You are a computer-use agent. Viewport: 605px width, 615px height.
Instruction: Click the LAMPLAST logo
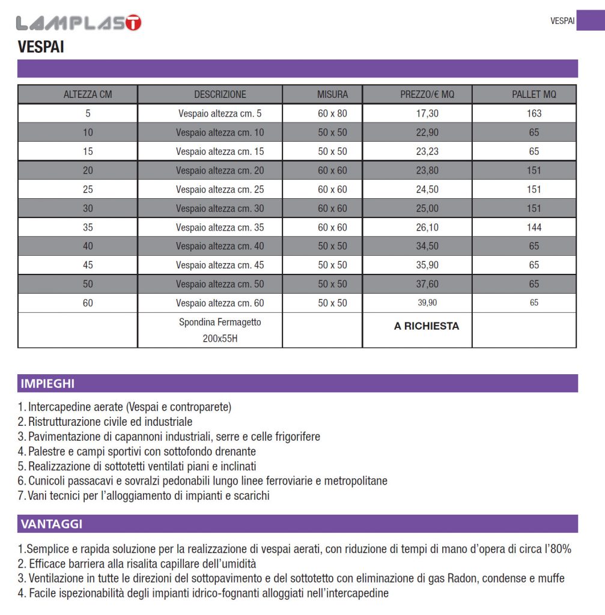point(79,23)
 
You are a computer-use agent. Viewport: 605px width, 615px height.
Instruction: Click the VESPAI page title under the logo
point(41,47)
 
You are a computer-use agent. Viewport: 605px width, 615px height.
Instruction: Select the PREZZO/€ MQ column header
point(427,94)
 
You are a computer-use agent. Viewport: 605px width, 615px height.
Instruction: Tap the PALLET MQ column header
point(534,94)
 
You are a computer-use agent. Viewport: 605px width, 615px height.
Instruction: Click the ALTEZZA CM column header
point(88,94)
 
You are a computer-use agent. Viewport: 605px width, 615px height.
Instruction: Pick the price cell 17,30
point(427,113)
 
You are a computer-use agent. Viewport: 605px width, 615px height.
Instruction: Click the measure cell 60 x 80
point(332,113)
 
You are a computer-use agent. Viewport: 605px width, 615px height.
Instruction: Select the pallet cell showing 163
point(534,113)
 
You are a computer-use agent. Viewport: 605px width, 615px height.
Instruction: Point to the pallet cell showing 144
point(534,227)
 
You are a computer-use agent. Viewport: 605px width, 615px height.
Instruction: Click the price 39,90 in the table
point(427,303)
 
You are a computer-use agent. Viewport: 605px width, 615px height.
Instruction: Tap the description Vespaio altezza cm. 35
point(220,227)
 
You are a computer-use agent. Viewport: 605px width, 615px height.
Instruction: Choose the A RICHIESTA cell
point(427,326)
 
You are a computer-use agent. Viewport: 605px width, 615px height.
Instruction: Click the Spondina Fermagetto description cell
point(220,330)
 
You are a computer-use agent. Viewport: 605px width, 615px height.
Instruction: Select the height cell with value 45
point(88,265)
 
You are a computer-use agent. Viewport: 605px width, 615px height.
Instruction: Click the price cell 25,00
point(427,208)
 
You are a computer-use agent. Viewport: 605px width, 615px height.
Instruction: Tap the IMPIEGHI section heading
point(47,384)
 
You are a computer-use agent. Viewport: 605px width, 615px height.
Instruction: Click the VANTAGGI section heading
point(51,524)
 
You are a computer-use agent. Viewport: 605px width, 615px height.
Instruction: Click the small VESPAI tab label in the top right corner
point(562,21)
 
